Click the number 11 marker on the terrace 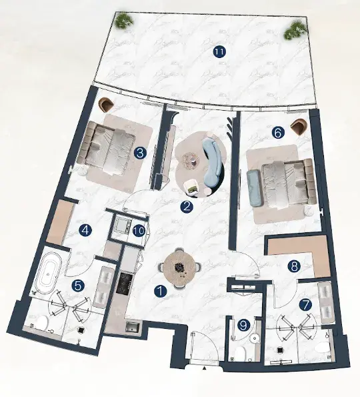click(219, 52)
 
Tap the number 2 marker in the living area click(187, 207)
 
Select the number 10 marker click(139, 231)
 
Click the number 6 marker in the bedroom click(278, 132)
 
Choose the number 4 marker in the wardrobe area click(85, 231)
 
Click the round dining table click(179, 268)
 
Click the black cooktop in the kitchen click(124, 284)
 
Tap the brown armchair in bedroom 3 click(106, 105)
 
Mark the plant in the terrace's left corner click(124, 20)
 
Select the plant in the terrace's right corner click(295, 31)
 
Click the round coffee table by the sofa click(191, 159)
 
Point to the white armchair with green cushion click(191, 187)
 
